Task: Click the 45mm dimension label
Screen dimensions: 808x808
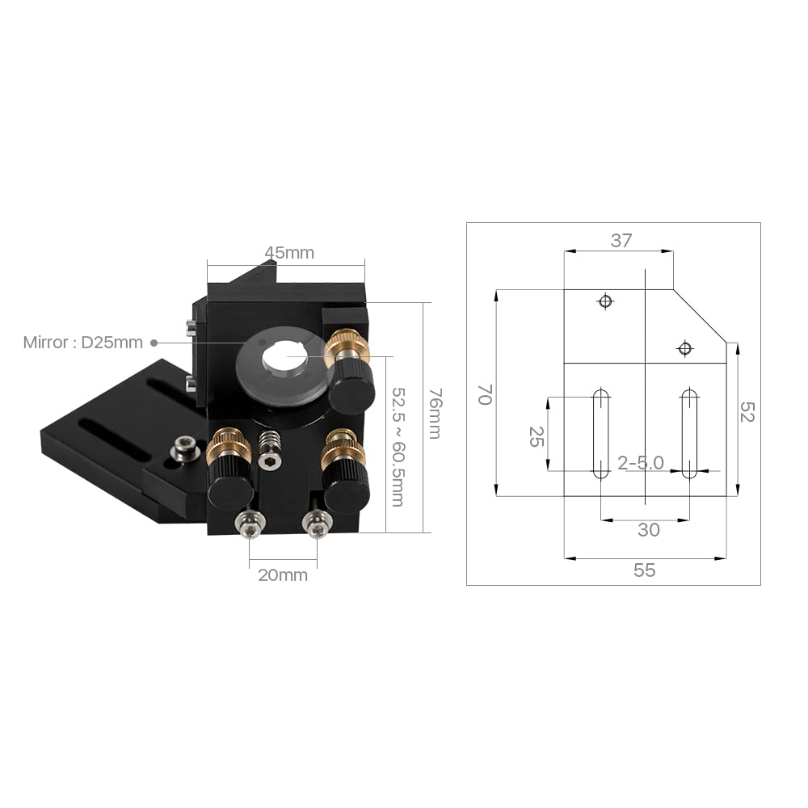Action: [289, 253]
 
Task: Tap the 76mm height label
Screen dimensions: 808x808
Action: [435, 413]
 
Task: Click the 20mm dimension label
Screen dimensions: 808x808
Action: [283, 575]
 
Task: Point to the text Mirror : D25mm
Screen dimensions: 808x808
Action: [82, 343]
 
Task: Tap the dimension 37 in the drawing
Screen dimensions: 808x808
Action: [621, 240]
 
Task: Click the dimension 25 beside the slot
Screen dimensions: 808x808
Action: [534, 437]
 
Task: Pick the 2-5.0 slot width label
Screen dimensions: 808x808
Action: [640, 463]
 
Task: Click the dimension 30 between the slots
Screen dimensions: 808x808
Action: [649, 530]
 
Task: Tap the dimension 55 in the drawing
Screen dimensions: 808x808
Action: [644, 570]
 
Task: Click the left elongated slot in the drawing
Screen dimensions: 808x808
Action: [600, 434]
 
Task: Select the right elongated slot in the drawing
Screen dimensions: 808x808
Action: [689, 434]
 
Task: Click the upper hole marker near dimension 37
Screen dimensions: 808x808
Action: [604, 301]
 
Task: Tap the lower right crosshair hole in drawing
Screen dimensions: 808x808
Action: [685, 348]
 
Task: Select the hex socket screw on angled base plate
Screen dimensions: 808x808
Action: [187, 447]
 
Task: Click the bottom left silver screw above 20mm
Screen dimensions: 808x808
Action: [250, 526]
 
